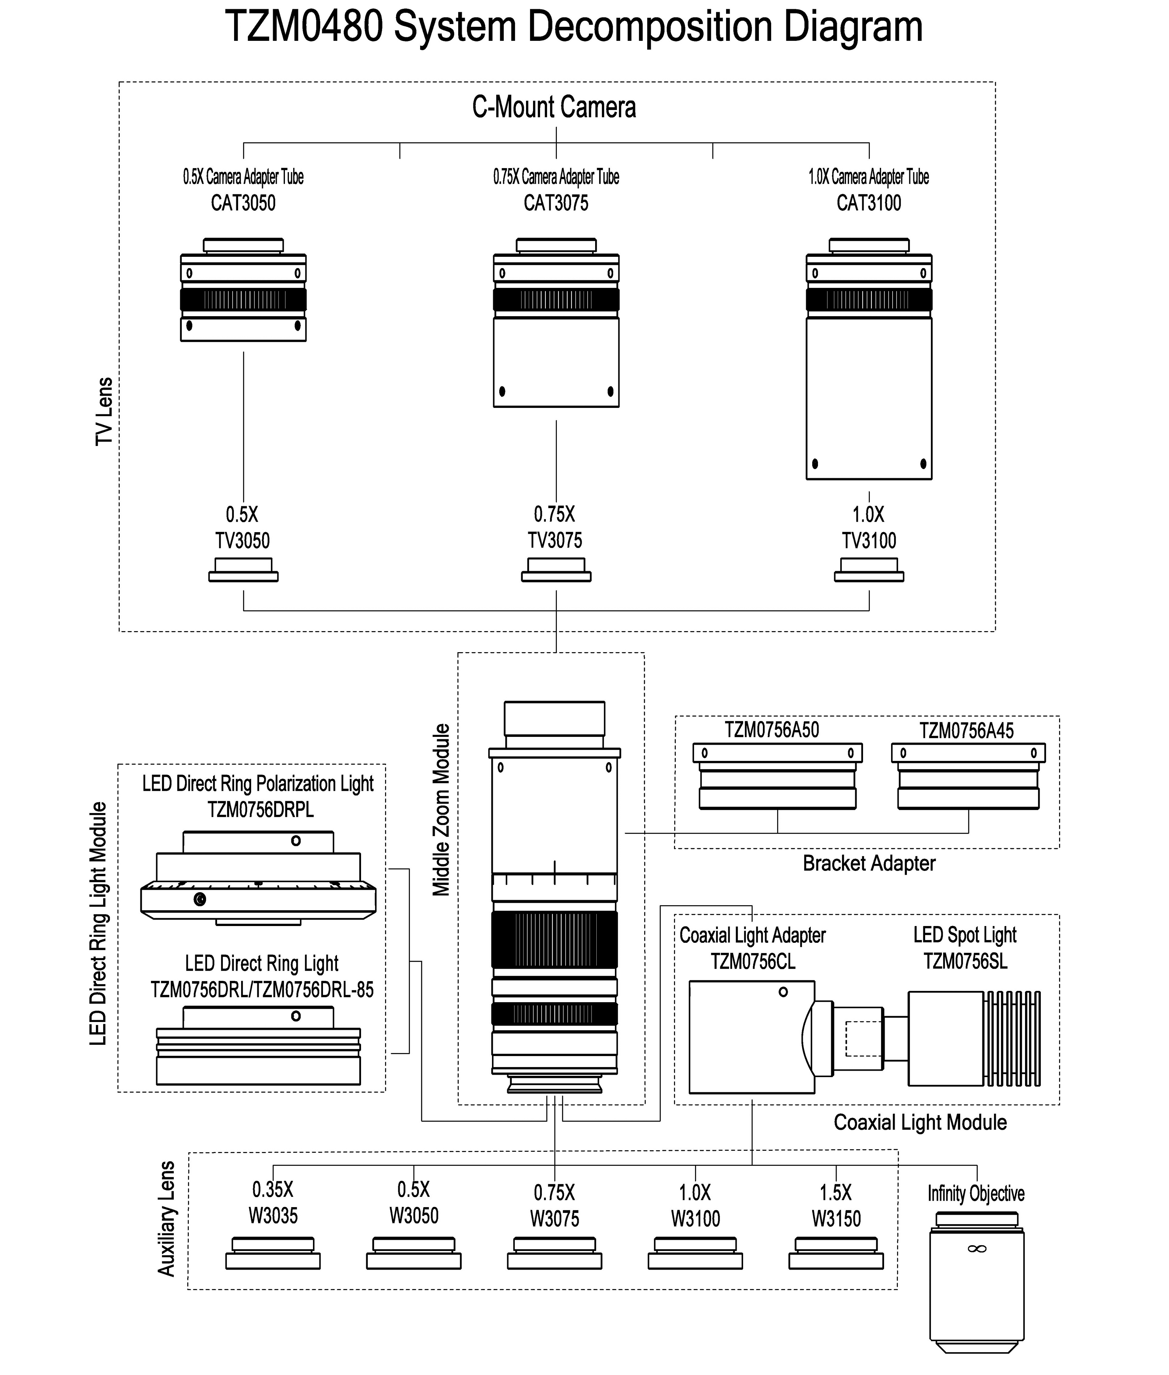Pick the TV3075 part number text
(555, 540)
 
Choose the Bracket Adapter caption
(869, 863)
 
